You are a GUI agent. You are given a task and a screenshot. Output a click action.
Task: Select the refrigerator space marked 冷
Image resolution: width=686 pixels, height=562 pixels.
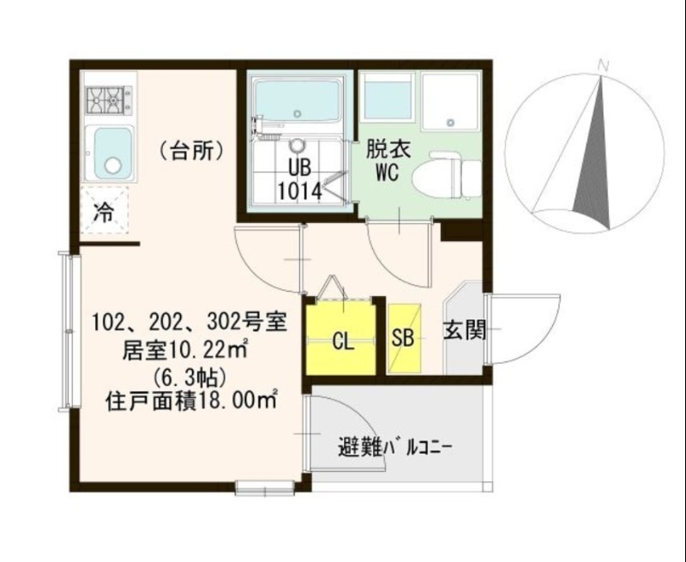coord(104,211)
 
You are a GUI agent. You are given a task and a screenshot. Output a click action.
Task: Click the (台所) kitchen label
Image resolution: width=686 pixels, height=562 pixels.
coord(192,152)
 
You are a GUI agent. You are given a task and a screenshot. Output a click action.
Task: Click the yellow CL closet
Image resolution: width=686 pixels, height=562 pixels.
coord(341,341)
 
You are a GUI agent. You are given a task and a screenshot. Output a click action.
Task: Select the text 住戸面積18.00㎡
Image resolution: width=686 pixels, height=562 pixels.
coord(190,399)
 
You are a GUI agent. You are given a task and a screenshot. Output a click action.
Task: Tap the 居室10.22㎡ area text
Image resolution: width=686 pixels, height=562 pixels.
coord(186,349)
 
